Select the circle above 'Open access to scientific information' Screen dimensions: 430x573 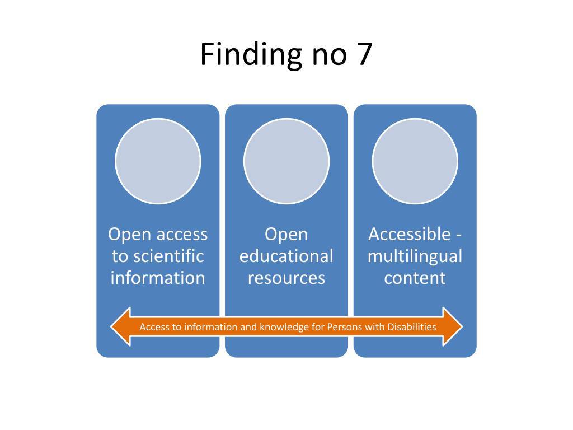coord(158,161)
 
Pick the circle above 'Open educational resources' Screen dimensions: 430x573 coord(286,161)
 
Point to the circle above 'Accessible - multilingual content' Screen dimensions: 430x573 coord(415,161)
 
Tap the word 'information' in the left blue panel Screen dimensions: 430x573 coord(158,278)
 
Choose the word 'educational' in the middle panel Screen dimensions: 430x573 coord(286,256)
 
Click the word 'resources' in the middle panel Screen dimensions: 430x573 coord(286,278)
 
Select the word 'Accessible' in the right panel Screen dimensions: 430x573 coord(410,234)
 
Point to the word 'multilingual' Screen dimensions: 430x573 coord(415,256)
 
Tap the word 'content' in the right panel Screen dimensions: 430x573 coord(415,278)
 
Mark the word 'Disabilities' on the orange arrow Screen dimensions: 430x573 coord(411,327)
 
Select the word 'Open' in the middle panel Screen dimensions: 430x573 coord(286,234)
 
